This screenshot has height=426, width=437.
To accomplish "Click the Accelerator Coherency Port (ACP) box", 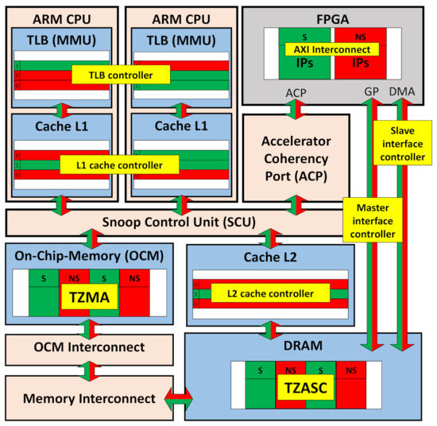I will [x=296, y=157].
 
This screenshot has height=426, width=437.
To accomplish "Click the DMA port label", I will [x=403, y=92].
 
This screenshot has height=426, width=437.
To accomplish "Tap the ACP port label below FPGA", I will [x=295, y=92].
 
